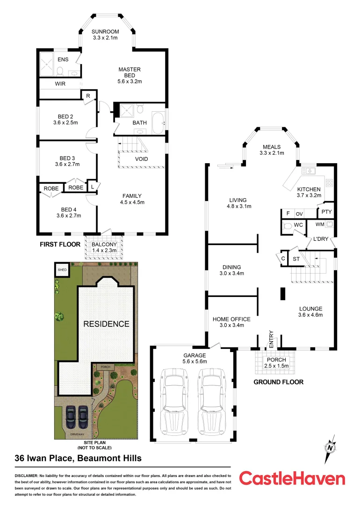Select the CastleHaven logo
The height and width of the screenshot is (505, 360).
pyautogui.click(x=292, y=478)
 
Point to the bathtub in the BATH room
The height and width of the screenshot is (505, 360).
pyautogui.click(x=158, y=123)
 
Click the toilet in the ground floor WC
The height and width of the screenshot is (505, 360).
pyautogui.click(x=289, y=226)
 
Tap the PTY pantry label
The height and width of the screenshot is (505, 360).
pyautogui.click(x=326, y=212)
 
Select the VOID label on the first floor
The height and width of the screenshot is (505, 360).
pyautogui.click(x=142, y=159)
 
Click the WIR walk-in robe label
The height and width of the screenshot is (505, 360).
pyautogui.click(x=60, y=84)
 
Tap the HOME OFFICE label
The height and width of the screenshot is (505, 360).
pyautogui.click(x=231, y=319)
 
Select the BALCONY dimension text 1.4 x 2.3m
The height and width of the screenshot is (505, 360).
pyautogui.click(x=104, y=251)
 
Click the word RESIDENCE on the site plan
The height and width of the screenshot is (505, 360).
pyautogui.click(x=106, y=324)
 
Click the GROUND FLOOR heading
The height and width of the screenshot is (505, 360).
pyautogui.click(x=278, y=382)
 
